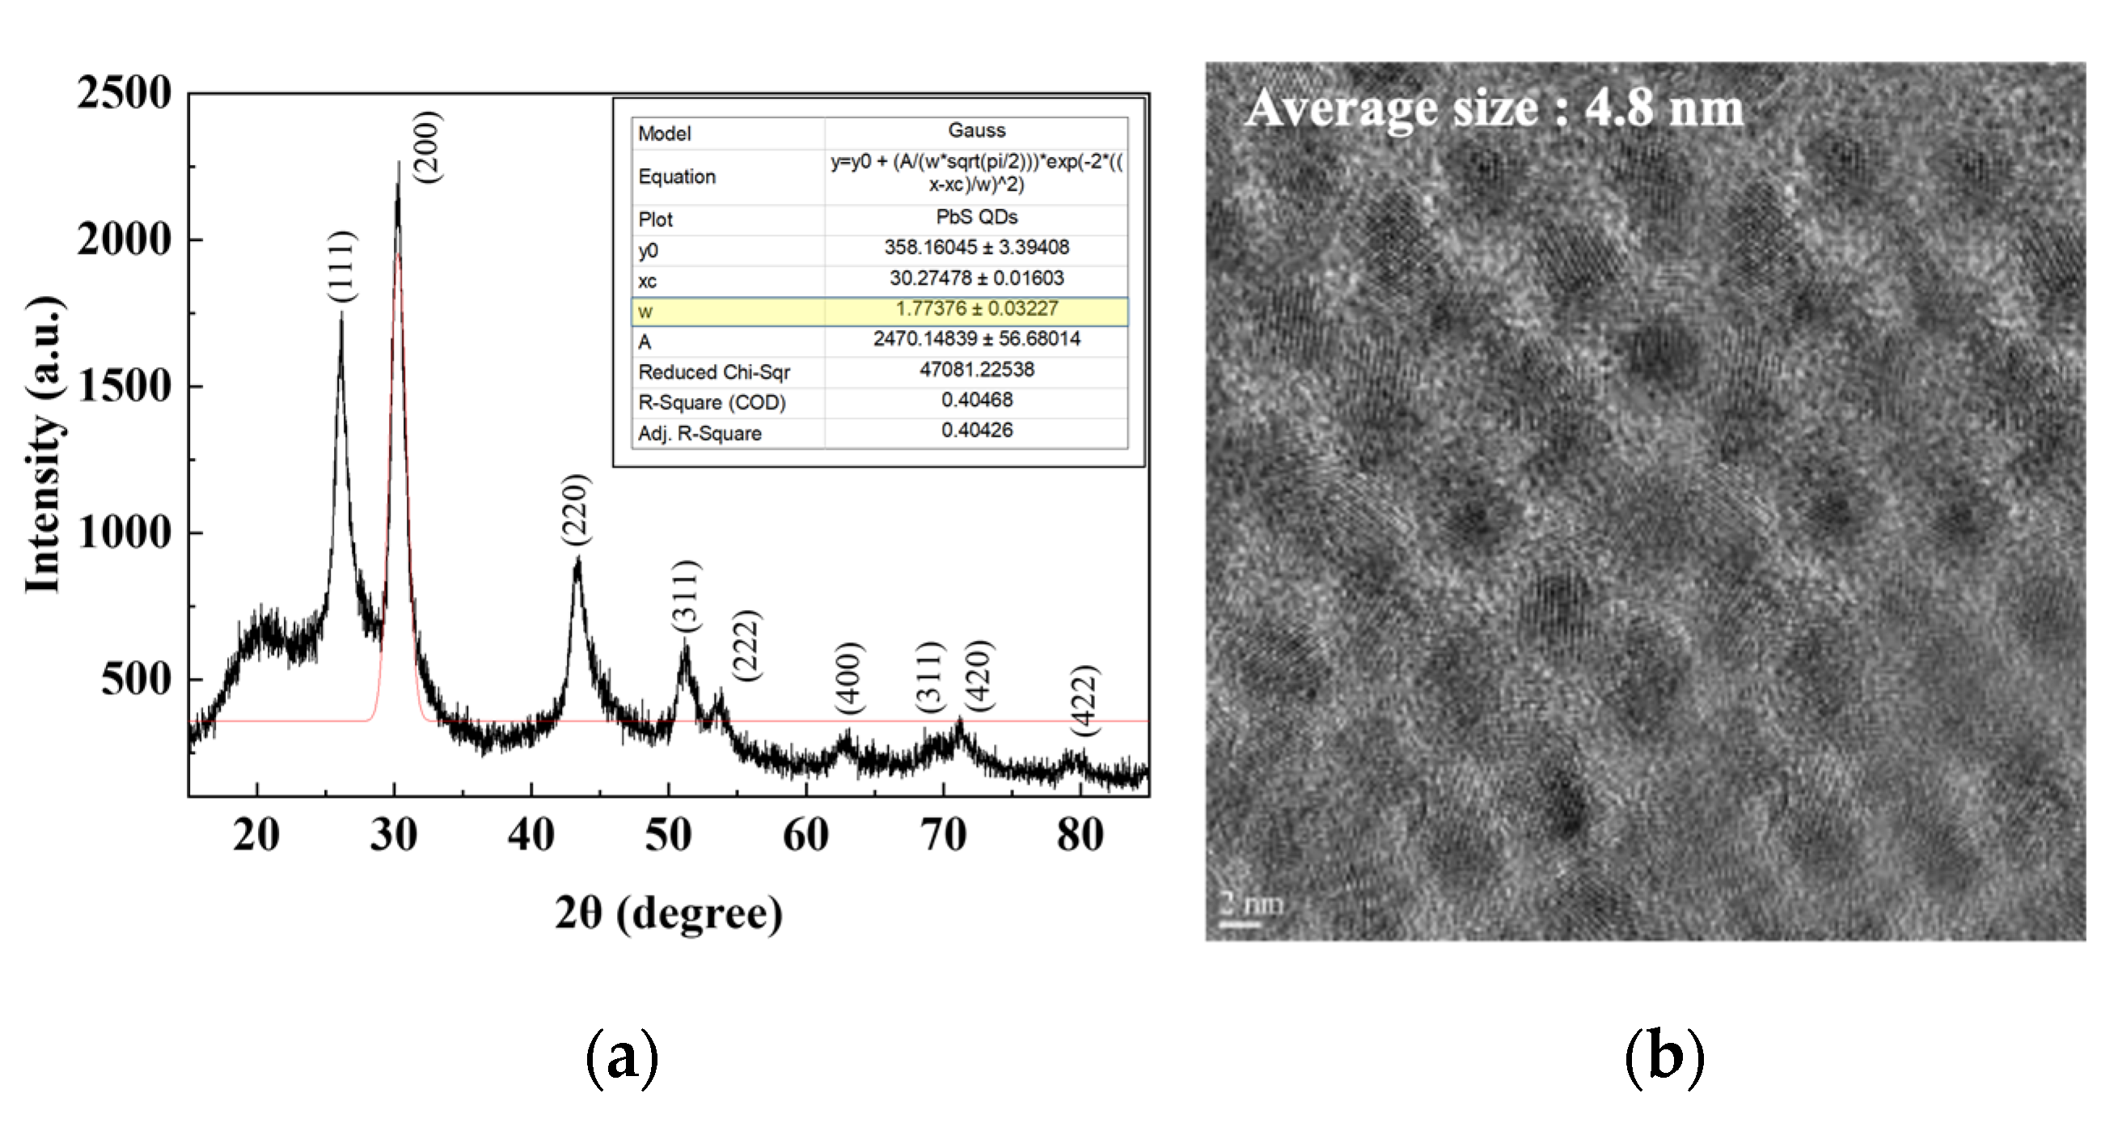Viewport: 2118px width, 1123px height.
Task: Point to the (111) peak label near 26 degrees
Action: [x=341, y=265]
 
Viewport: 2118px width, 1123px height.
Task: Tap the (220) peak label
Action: [x=576, y=508]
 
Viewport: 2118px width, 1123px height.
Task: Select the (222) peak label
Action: [x=746, y=645]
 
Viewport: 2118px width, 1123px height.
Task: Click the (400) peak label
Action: [x=849, y=677]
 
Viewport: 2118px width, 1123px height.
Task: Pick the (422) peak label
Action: [x=1084, y=700]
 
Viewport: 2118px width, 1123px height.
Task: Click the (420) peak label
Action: [x=979, y=675]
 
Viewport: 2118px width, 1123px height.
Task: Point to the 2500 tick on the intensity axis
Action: [x=125, y=92]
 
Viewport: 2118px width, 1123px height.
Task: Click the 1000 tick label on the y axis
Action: [x=125, y=532]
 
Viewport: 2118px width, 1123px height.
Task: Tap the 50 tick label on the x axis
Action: [x=668, y=835]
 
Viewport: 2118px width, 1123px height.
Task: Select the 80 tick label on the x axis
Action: [x=1080, y=835]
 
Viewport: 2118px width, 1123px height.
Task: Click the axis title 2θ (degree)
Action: [x=668, y=913]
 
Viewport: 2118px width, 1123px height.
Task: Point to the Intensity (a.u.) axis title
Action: [x=44, y=444]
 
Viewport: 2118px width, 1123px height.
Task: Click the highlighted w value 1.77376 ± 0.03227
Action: [x=976, y=308]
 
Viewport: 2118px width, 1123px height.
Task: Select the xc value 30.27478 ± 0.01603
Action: [x=976, y=278]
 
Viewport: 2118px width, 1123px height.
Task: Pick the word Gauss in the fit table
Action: [x=976, y=130]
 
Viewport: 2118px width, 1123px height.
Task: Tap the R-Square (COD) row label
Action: [x=712, y=402]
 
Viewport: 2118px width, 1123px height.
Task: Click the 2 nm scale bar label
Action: [x=1251, y=904]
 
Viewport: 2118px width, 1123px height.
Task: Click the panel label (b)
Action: [x=1664, y=1057]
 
